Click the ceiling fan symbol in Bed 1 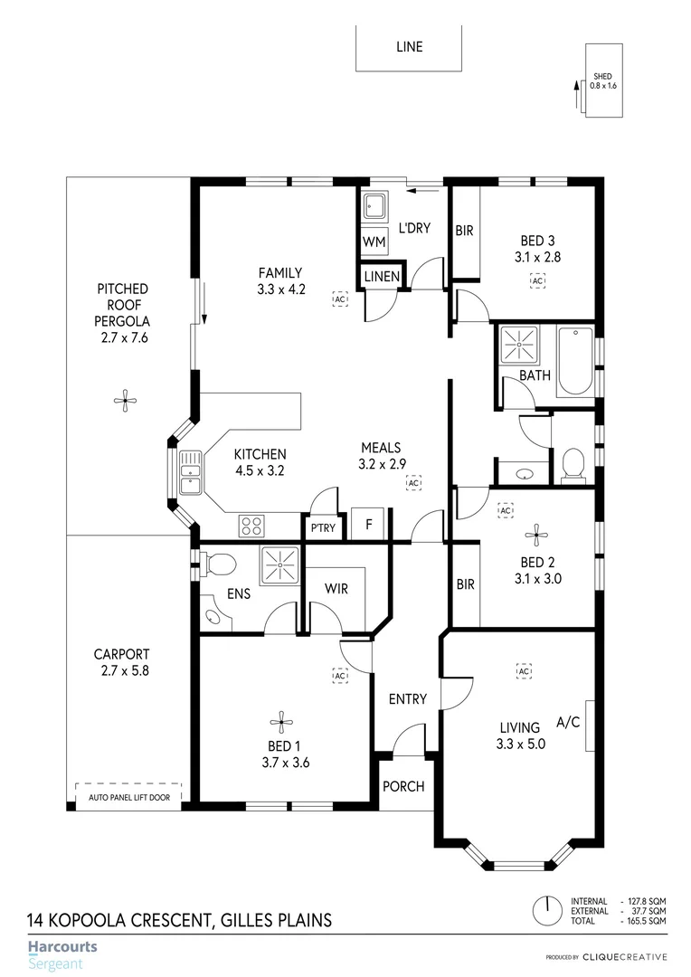[x=281, y=720]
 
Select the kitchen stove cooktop [x=251, y=526]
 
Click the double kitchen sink [x=190, y=472]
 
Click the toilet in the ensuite [x=218, y=565]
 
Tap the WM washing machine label [x=374, y=242]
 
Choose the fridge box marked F [x=368, y=524]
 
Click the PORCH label [x=403, y=786]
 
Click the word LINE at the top [x=409, y=47]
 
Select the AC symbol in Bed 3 [x=537, y=281]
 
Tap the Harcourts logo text [x=62, y=948]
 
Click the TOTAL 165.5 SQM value [x=646, y=920]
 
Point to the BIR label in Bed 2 [x=465, y=584]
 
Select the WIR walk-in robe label [x=336, y=589]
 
